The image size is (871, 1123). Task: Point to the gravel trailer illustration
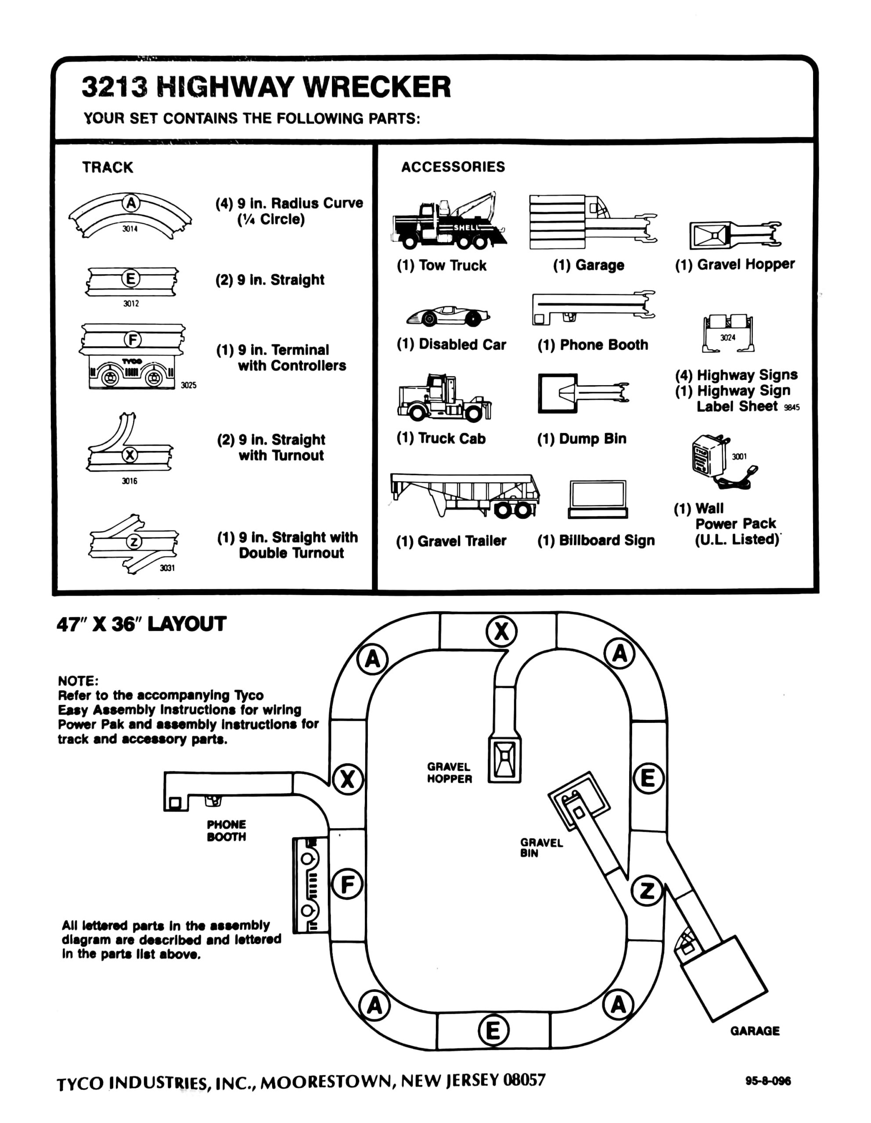(464, 495)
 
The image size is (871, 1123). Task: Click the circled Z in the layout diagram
(647, 890)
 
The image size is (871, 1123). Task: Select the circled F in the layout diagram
(348, 884)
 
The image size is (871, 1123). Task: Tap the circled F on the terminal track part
(132, 340)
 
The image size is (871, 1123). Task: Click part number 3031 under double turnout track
(167, 568)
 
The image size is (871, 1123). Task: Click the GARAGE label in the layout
(754, 1031)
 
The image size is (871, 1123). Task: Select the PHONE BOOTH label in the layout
(227, 830)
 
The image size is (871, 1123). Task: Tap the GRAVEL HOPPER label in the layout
(449, 773)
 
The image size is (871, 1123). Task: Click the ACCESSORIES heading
(453, 167)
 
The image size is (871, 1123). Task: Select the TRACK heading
(108, 167)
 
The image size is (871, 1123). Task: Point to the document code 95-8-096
(767, 1081)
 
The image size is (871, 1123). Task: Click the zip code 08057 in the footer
(524, 1080)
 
